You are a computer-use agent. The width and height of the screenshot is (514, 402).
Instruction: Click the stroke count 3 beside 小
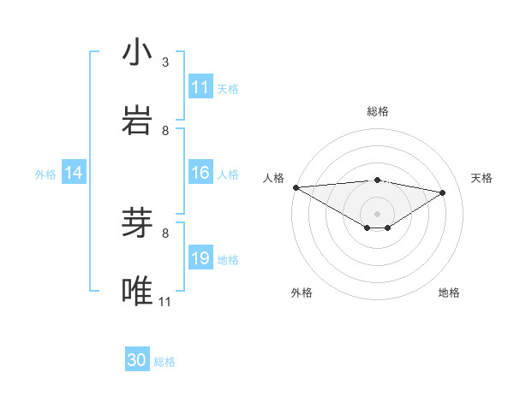(x=165, y=62)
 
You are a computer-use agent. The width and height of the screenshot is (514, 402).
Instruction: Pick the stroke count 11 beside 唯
(x=165, y=301)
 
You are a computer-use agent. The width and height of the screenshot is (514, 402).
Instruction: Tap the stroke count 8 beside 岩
(x=165, y=130)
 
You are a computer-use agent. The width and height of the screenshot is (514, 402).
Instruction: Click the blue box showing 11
(x=200, y=87)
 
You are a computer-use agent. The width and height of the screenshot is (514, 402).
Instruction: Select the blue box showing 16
(x=200, y=173)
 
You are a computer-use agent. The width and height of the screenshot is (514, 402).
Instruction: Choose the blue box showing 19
(x=200, y=258)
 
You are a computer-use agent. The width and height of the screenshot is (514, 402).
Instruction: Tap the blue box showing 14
(x=74, y=173)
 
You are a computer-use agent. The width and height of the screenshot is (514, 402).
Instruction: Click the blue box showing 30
(x=137, y=360)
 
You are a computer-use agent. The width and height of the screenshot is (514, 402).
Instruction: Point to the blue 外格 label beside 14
(x=45, y=174)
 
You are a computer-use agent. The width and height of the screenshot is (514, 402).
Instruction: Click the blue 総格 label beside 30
(x=164, y=362)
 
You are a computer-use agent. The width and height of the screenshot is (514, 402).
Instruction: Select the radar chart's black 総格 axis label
(x=377, y=111)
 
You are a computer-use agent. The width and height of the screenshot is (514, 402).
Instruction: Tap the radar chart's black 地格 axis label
(x=449, y=293)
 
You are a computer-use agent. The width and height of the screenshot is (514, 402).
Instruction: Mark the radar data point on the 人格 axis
(x=296, y=187)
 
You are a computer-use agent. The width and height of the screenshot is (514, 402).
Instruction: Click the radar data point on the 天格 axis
(x=443, y=192)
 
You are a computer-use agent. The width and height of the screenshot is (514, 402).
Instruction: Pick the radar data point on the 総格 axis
(x=377, y=180)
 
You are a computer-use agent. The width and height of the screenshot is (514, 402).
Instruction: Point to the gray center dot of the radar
(x=377, y=213)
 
